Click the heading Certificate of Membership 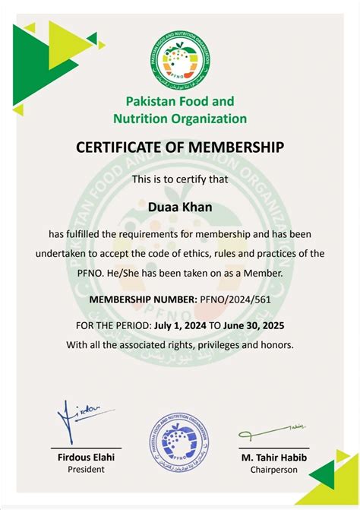pos(179,147)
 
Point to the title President pos(85,470)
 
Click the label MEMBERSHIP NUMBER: pos(143,299)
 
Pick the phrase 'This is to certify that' pos(179,179)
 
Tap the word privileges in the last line pos(211,344)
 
